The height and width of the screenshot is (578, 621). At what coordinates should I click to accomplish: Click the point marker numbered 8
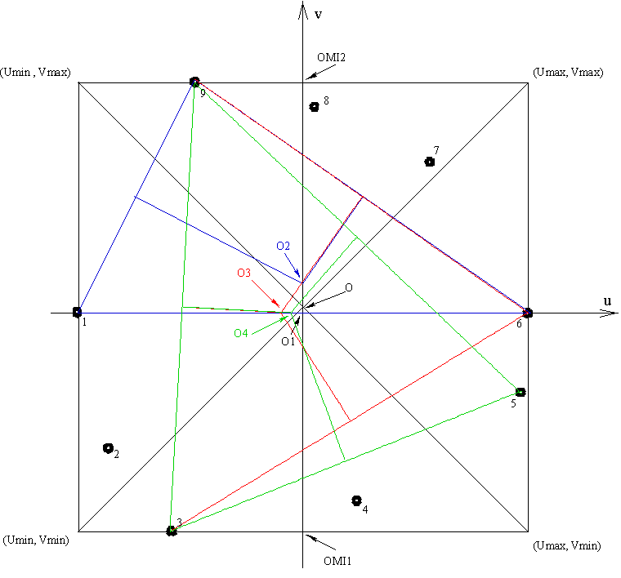tap(315, 107)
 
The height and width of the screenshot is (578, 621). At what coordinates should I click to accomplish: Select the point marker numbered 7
tap(430, 162)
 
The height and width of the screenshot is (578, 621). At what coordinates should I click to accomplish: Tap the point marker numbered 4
tap(356, 500)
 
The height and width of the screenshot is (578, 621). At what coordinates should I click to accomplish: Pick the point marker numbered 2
tap(108, 448)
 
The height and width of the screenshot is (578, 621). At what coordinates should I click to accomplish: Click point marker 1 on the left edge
tap(78, 312)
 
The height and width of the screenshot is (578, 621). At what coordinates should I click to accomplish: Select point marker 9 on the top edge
tap(194, 82)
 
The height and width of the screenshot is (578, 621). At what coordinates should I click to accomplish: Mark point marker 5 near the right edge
tap(520, 392)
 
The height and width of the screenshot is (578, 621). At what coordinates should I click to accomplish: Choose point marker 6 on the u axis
tap(527, 313)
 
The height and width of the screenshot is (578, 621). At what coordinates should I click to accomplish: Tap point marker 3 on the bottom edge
tap(172, 531)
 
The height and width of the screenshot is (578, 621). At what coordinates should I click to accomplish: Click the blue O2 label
tap(283, 246)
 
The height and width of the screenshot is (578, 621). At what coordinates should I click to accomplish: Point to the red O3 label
tap(243, 273)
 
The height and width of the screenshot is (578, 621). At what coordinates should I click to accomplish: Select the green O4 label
tap(241, 333)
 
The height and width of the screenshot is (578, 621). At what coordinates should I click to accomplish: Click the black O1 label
tap(287, 341)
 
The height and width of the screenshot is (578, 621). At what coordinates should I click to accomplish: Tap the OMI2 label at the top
tap(331, 58)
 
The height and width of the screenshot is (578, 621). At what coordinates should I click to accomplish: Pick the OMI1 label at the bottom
tap(338, 561)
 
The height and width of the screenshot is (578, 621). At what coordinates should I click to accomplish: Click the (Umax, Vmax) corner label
tap(567, 73)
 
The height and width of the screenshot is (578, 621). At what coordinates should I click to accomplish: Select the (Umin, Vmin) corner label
tap(38, 540)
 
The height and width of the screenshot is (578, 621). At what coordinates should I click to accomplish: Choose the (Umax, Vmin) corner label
tap(565, 545)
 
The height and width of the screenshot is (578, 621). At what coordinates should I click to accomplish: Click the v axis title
tap(318, 14)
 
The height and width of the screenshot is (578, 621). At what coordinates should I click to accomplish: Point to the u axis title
tap(606, 301)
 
